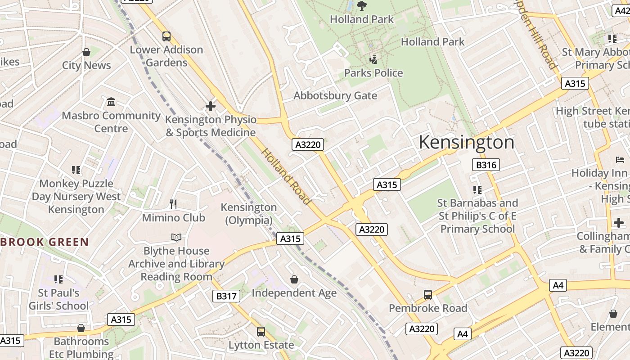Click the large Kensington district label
tap(466, 142)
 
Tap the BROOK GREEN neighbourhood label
tap(45, 242)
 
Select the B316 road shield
tap(486, 165)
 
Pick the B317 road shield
tap(226, 296)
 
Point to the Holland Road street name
tap(286, 176)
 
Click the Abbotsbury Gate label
tap(335, 95)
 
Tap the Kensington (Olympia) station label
tap(248, 214)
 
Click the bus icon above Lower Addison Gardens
tap(166, 36)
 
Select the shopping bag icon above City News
tap(86, 53)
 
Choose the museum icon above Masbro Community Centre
tap(111, 102)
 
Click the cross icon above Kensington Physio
tap(210, 106)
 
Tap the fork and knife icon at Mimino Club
tap(173, 204)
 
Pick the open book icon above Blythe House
tap(176, 237)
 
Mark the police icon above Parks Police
tap(373, 59)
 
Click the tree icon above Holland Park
tap(361, 6)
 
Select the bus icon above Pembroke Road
tap(428, 295)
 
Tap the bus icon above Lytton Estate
tap(261, 332)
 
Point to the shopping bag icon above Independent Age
tap(294, 280)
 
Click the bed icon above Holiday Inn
tap(620, 160)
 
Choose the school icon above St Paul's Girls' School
tap(58, 279)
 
